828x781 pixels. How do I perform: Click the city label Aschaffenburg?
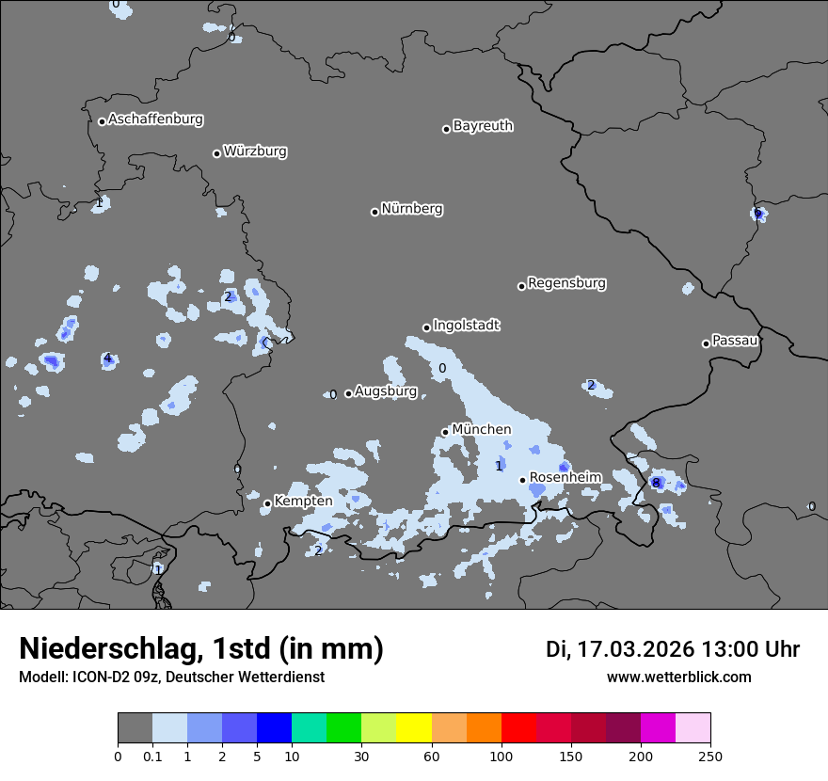click(x=155, y=120)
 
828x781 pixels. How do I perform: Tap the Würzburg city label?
click(x=255, y=151)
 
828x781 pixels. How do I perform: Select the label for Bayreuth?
click(x=483, y=126)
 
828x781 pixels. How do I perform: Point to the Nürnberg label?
click(x=412, y=209)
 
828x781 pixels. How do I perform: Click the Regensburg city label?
click(x=566, y=283)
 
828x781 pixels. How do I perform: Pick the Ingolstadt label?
click(x=466, y=326)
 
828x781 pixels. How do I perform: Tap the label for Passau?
click(x=735, y=341)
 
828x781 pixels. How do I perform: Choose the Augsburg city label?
click(x=386, y=391)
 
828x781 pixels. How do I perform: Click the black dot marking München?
click(x=445, y=432)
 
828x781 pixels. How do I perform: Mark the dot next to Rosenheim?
click(x=522, y=480)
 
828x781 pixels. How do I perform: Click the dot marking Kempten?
click(x=267, y=503)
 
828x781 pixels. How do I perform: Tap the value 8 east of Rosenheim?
click(x=656, y=483)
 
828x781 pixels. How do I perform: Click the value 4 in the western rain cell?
click(x=107, y=358)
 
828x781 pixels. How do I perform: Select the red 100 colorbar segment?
click(x=518, y=728)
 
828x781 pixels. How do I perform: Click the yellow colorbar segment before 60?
click(x=414, y=728)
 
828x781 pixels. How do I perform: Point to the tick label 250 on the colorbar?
click(x=710, y=756)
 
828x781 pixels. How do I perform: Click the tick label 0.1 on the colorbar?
click(x=152, y=756)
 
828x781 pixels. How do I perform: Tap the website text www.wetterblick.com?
click(x=678, y=677)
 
